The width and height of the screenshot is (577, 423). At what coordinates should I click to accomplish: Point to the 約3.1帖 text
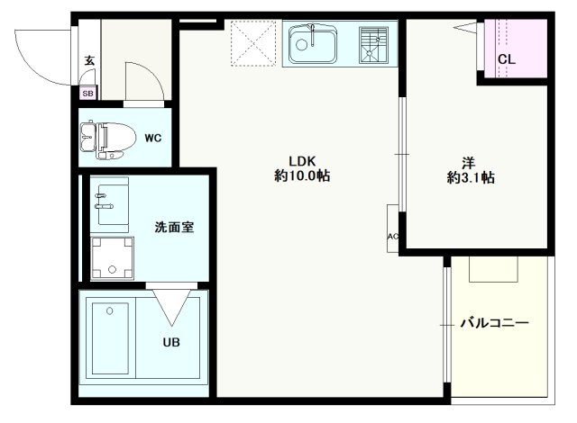470,177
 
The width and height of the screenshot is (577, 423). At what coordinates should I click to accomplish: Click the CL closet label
507,59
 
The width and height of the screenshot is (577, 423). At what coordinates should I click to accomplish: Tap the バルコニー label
494,322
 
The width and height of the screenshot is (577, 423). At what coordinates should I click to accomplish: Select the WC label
152,138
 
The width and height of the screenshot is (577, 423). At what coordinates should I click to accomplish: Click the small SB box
88,93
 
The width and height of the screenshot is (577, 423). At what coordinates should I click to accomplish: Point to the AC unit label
392,237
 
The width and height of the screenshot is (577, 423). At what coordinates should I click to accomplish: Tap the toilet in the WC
102,139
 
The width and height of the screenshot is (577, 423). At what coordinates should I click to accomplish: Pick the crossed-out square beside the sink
253,43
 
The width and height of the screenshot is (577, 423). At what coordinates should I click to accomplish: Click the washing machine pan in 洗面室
112,259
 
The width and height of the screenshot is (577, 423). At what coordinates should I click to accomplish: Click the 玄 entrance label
88,61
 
